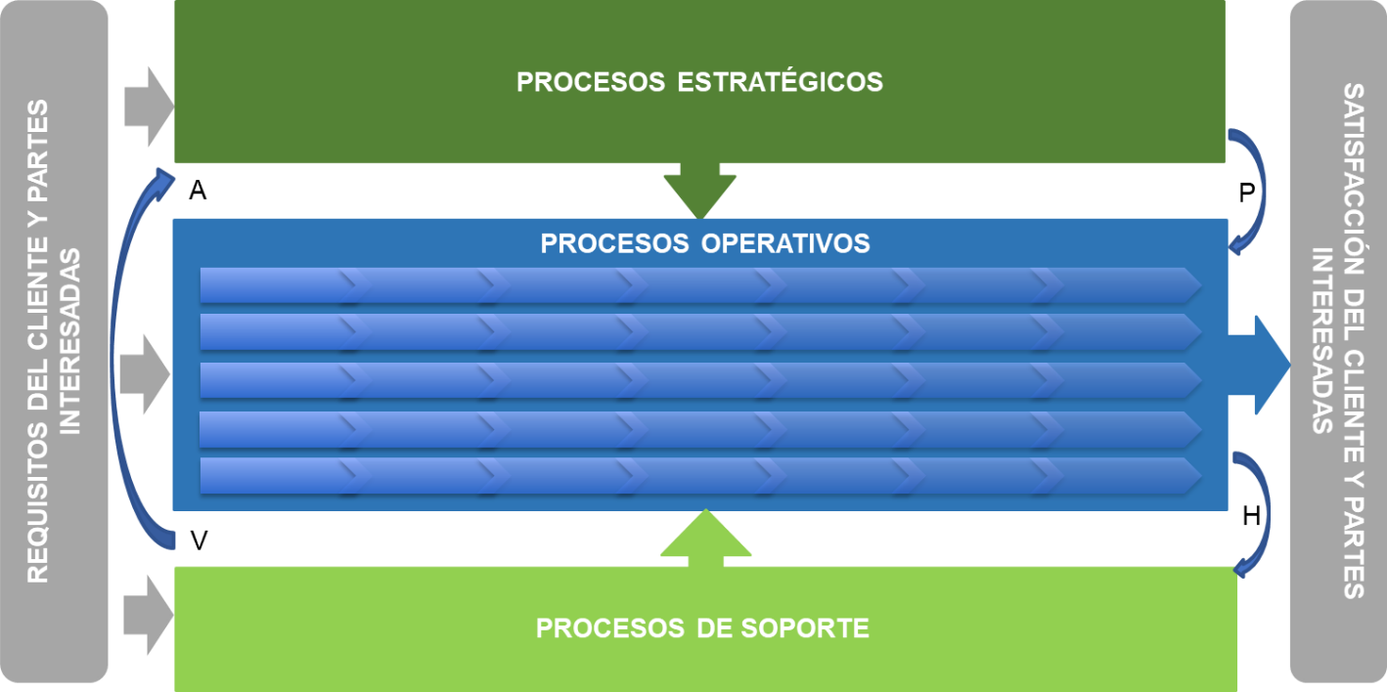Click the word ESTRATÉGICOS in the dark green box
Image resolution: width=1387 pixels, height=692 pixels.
tap(780, 82)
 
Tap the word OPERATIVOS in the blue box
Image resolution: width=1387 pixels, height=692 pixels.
tap(785, 243)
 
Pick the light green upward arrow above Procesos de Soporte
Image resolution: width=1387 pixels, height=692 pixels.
tap(705, 539)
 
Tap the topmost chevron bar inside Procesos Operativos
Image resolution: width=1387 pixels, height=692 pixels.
tap(699, 285)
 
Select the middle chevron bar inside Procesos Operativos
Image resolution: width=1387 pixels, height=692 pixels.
tap(699, 380)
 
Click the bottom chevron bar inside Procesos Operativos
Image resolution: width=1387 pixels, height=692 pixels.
tap(699, 475)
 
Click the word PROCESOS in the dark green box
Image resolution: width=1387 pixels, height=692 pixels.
tap(590, 82)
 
